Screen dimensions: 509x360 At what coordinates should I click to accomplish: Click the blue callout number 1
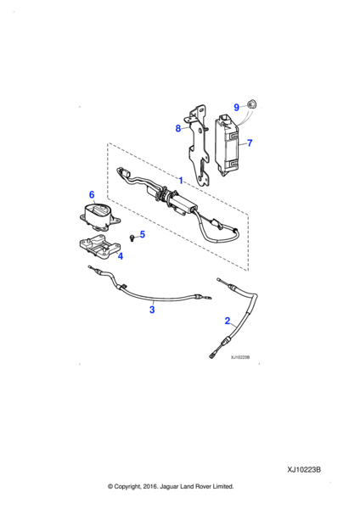click(x=181, y=180)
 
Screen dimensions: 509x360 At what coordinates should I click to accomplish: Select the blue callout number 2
click(x=227, y=321)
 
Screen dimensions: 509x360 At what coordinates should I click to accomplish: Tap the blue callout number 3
click(x=151, y=310)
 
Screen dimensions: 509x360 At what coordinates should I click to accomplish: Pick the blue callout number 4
click(x=120, y=255)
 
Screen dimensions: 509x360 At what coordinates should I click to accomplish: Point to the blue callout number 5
click(x=142, y=234)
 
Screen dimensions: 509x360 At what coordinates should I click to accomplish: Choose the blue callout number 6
click(x=92, y=195)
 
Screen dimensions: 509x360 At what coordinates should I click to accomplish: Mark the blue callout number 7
click(x=250, y=143)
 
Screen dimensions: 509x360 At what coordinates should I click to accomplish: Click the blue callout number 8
click(x=178, y=128)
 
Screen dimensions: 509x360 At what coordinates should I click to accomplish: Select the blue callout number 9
click(x=237, y=107)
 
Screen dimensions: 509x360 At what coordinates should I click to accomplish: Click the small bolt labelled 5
click(x=131, y=237)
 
